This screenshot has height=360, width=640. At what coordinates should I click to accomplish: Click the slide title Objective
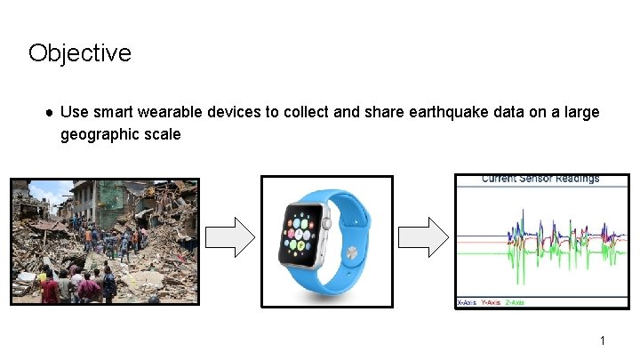(x=79, y=53)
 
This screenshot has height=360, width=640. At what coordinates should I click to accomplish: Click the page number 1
(x=602, y=341)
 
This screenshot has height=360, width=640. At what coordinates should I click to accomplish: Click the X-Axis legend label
(x=467, y=303)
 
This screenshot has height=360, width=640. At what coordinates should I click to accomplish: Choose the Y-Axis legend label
(x=491, y=303)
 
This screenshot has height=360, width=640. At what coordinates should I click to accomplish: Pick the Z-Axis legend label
(x=514, y=303)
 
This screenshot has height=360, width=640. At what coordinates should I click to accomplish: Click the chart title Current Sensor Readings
(x=540, y=179)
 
